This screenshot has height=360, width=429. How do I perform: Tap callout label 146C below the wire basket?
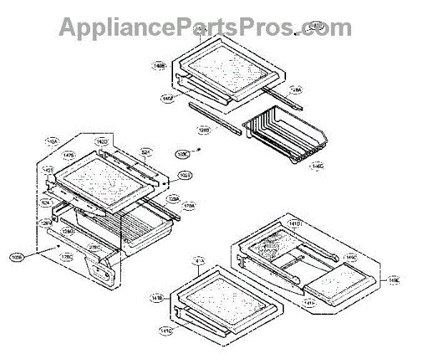point(317,167)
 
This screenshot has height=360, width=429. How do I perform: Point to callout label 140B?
point(159,66)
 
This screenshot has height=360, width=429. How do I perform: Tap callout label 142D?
point(102,142)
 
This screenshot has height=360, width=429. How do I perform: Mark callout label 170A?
point(189,206)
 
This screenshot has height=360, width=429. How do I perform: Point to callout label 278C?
point(93,247)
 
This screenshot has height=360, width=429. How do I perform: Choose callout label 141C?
point(164,331)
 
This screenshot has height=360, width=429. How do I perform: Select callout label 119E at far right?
point(394,281)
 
